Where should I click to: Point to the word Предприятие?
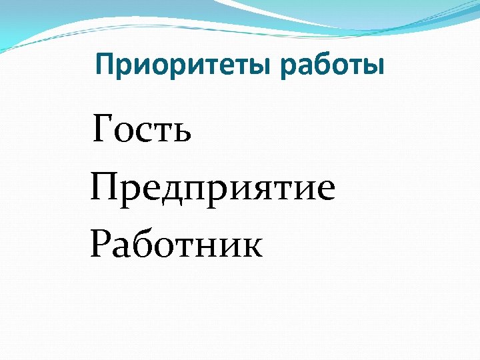[x=213, y=188]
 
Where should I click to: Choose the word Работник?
[x=177, y=243]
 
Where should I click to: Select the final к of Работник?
[x=251, y=247]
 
